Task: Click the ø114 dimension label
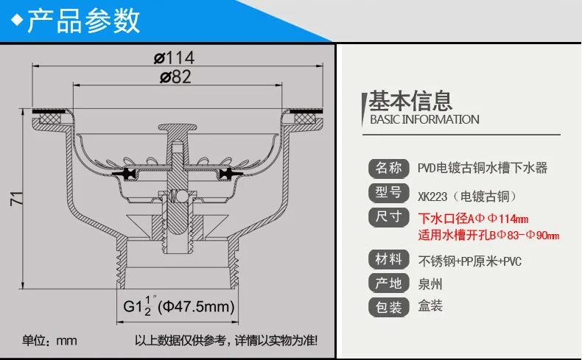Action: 174,57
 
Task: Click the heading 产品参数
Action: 83,21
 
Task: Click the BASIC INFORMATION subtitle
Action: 424,119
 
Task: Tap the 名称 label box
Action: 388,168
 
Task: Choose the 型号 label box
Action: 388,193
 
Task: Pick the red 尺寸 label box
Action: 388,218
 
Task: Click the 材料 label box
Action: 388,259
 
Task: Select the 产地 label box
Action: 388,283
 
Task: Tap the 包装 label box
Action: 388,306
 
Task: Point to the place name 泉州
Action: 430,283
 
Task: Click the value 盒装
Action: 430,306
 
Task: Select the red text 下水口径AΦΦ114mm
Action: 473,219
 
